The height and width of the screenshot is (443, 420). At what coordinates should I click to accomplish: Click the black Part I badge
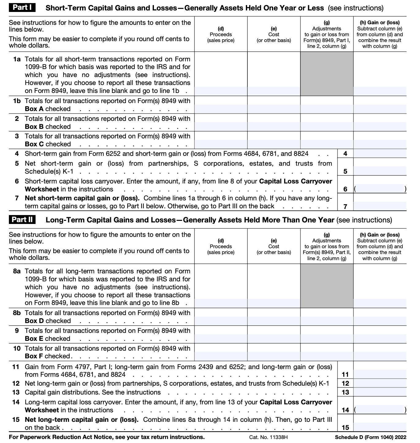click(x=22, y=7)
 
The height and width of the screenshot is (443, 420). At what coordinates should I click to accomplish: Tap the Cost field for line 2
click(x=274, y=126)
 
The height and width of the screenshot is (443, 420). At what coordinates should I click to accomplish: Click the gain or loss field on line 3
click(x=380, y=144)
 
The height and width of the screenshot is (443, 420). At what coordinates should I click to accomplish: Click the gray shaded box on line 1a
click(x=327, y=74)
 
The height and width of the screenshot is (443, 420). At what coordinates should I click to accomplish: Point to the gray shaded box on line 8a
click(x=327, y=286)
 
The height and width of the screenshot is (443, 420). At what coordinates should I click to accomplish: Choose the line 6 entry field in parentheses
click(x=380, y=189)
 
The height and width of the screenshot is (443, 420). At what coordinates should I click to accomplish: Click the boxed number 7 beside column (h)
click(x=345, y=206)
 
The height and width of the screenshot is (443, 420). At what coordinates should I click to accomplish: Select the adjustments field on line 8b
click(x=327, y=321)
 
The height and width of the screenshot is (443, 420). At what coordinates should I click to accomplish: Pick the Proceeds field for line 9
click(x=221, y=338)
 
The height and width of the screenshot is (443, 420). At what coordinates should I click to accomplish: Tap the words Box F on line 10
click(x=34, y=356)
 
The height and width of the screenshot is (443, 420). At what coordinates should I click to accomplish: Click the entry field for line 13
click(x=380, y=392)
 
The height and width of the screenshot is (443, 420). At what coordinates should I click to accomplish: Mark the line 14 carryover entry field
click(x=380, y=410)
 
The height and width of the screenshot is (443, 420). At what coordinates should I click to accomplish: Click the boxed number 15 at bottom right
click(x=345, y=427)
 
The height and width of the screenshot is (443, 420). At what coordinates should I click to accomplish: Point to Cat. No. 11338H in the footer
click(x=268, y=437)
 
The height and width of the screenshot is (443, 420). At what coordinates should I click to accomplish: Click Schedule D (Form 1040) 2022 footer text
click(x=371, y=437)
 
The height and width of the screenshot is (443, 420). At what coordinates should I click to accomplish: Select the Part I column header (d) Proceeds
click(x=221, y=34)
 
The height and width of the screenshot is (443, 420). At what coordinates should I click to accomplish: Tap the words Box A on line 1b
click(x=34, y=109)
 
